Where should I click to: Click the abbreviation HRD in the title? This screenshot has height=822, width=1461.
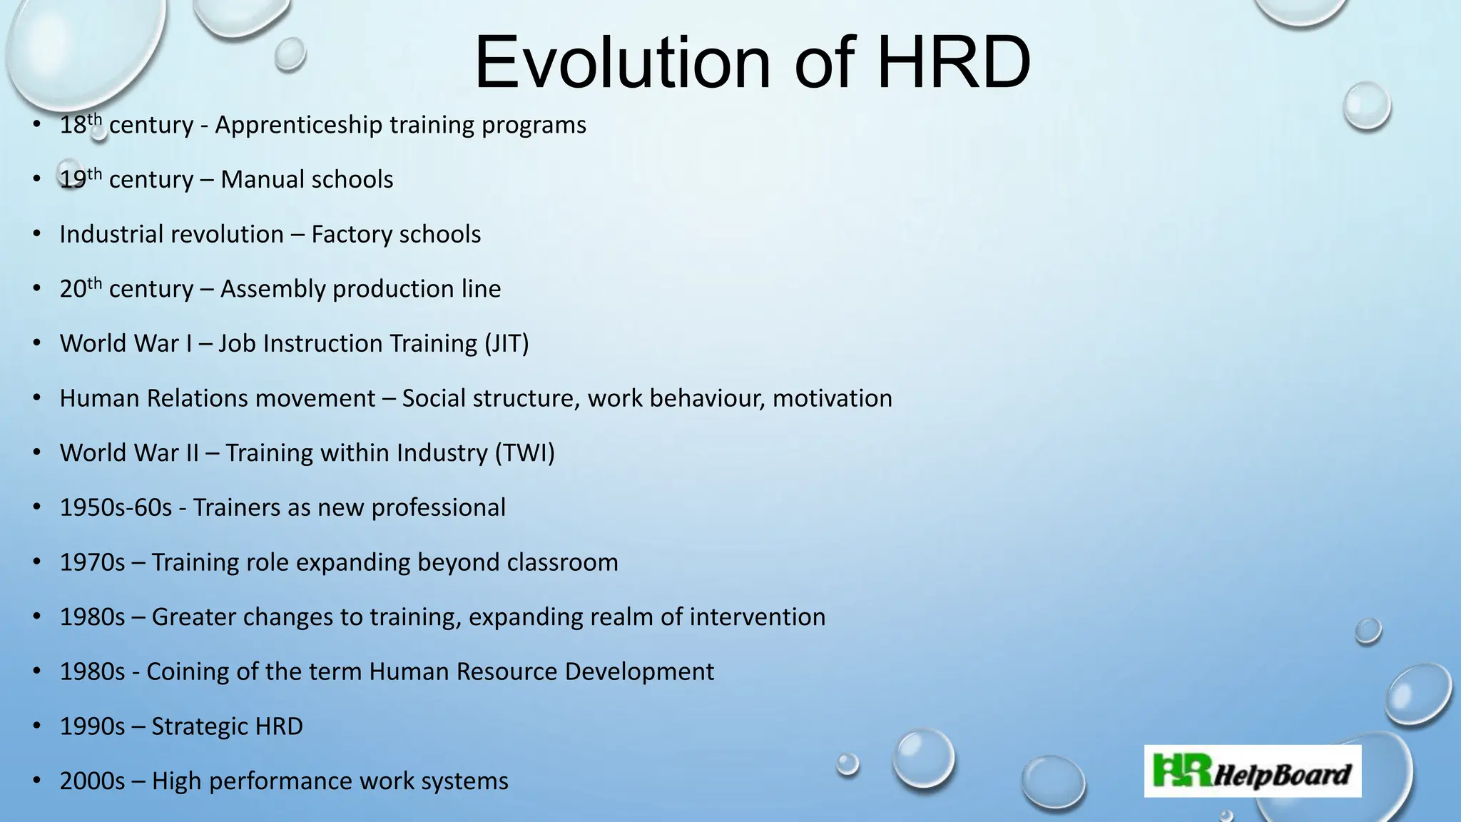[953, 63]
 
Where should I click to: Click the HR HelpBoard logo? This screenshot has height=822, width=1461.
[1252, 771]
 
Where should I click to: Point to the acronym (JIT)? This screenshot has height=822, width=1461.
[506, 344]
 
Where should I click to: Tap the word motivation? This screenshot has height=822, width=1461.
[832, 398]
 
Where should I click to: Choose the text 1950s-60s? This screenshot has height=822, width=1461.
[116, 508]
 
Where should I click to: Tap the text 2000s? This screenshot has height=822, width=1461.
[92, 781]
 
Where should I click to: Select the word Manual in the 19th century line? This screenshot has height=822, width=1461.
[263, 180]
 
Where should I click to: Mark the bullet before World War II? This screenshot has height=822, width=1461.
[36, 453]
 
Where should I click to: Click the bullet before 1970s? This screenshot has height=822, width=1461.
[36, 563]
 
